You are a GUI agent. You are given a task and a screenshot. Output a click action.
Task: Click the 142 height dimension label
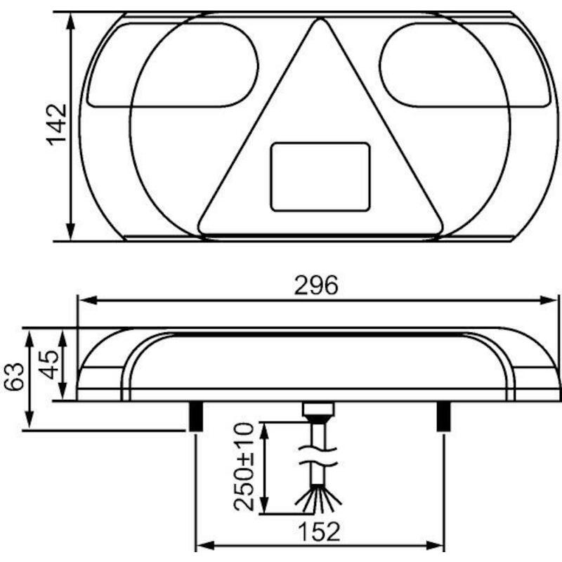coord(57,125)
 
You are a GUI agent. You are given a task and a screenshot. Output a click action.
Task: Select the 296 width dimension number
coord(316,285)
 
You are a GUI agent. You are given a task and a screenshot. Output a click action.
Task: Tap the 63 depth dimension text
coord(13,377)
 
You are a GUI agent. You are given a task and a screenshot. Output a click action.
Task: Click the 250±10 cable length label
coord(244,466)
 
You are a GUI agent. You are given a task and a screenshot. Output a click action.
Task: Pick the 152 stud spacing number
coord(319,532)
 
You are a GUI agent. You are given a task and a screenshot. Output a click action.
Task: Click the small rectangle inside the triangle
coord(320,177)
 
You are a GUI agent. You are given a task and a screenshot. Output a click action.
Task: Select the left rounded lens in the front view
coord(173,65)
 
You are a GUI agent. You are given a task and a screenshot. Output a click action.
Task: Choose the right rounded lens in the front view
coord(465,65)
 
